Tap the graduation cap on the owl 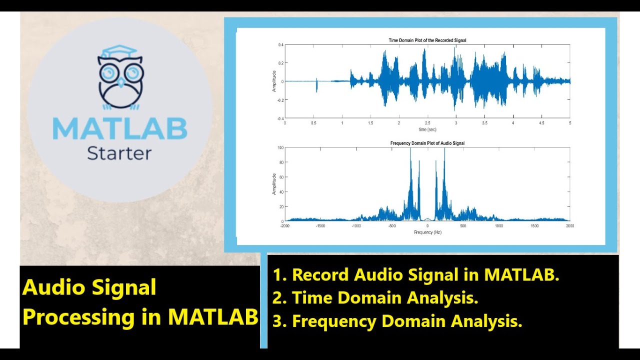click(x=120, y=51)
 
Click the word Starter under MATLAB click(x=119, y=153)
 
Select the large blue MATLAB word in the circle click(x=120, y=128)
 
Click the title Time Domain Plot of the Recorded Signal click(x=427, y=40)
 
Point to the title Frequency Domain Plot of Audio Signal click(x=427, y=143)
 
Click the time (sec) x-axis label click(x=427, y=129)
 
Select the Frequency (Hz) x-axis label click(x=427, y=232)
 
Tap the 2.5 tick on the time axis click(x=427, y=123)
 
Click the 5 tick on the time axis click(x=569, y=123)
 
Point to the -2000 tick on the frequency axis click(x=285, y=226)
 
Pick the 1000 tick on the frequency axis click(x=498, y=226)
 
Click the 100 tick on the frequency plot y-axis click(x=280, y=148)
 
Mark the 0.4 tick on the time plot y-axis click(x=280, y=45)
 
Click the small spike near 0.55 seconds click(x=316, y=85)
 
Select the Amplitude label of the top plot click(x=274, y=81)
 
